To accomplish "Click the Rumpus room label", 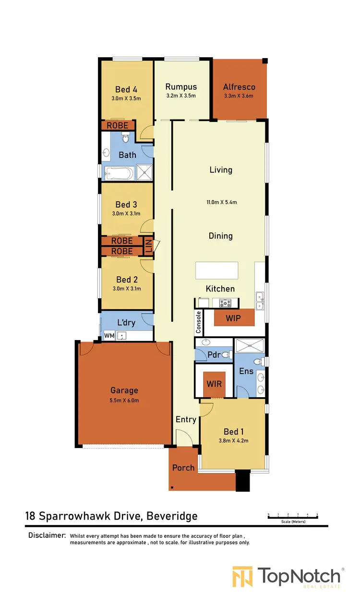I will pyautogui.click(x=181, y=87).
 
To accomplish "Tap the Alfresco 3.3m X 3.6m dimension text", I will pyautogui.click(x=239, y=96).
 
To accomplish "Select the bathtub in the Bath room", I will pyautogui.click(x=118, y=172).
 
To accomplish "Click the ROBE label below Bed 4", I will pyautogui.click(x=117, y=125).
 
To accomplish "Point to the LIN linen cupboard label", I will pyautogui.click(x=149, y=246).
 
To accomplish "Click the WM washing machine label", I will pyautogui.click(x=109, y=336).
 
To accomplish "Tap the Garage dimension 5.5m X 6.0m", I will pyautogui.click(x=124, y=400).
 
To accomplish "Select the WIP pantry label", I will pyautogui.click(x=233, y=318).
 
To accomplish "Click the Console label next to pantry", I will pyautogui.click(x=198, y=322).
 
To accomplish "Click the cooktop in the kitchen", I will pyautogui.click(x=225, y=303).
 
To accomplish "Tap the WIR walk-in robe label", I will pyautogui.click(x=214, y=384).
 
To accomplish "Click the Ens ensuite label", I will pyautogui.click(x=246, y=371).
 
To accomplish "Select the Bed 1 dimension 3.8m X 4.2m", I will pyautogui.click(x=233, y=440).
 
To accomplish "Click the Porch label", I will pyautogui.click(x=183, y=467).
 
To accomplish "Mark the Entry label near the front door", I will pyautogui.click(x=186, y=419).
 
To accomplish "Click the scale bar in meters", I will pyautogui.click(x=292, y=517).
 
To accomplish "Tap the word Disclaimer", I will pyautogui.click(x=47, y=535).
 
